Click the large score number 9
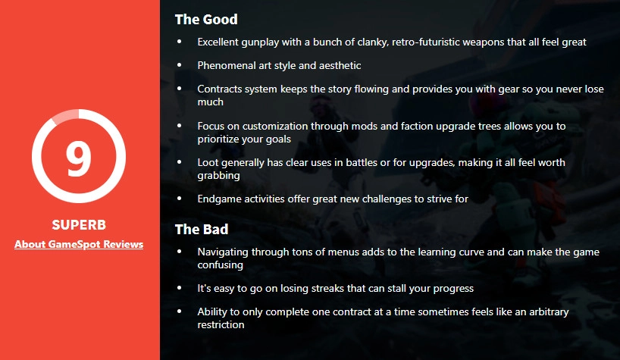(78, 158)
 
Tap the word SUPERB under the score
(79, 225)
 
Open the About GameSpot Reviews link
(79, 244)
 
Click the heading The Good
(206, 20)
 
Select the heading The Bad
(202, 229)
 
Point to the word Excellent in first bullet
(218, 42)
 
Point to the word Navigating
(223, 252)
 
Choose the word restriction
(221, 325)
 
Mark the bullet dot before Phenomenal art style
(180, 65)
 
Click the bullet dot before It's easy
(180, 288)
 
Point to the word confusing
(221, 265)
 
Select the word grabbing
(218, 176)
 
